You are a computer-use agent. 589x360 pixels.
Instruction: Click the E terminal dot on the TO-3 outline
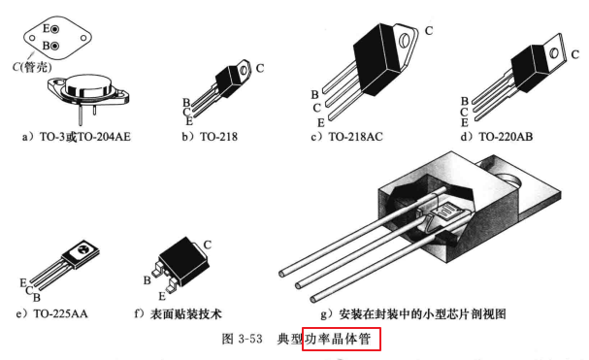click(55, 29)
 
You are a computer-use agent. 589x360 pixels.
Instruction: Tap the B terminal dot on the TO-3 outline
click(55, 46)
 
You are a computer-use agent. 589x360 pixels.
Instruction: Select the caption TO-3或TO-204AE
click(85, 137)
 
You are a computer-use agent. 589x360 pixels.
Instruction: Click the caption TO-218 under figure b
click(218, 137)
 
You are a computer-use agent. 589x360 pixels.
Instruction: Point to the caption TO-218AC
click(356, 137)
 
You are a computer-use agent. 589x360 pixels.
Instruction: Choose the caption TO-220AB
click(506, 137)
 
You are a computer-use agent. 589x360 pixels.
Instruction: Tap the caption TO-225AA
click(60, 313)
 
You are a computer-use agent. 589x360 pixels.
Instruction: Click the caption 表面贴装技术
click(186, 313)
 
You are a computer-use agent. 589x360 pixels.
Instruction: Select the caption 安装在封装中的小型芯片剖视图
click(422, 313)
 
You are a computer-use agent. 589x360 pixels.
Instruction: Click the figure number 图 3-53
click(242, 339)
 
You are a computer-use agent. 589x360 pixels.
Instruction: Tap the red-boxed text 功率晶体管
click(338, 339)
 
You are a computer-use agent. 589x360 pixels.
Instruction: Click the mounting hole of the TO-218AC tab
click(405, 39)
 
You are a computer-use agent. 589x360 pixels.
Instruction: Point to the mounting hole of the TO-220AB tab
click(554, 53)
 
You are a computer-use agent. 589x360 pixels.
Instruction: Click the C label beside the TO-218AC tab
click(429, 30)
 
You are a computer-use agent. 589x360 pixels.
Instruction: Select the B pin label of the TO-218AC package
click(314, 95)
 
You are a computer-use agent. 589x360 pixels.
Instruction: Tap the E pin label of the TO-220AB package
click(465, 122)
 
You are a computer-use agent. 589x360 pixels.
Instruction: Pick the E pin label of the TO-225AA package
click(23, 282)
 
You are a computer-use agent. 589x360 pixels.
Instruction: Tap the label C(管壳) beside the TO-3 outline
click(32, 67)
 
